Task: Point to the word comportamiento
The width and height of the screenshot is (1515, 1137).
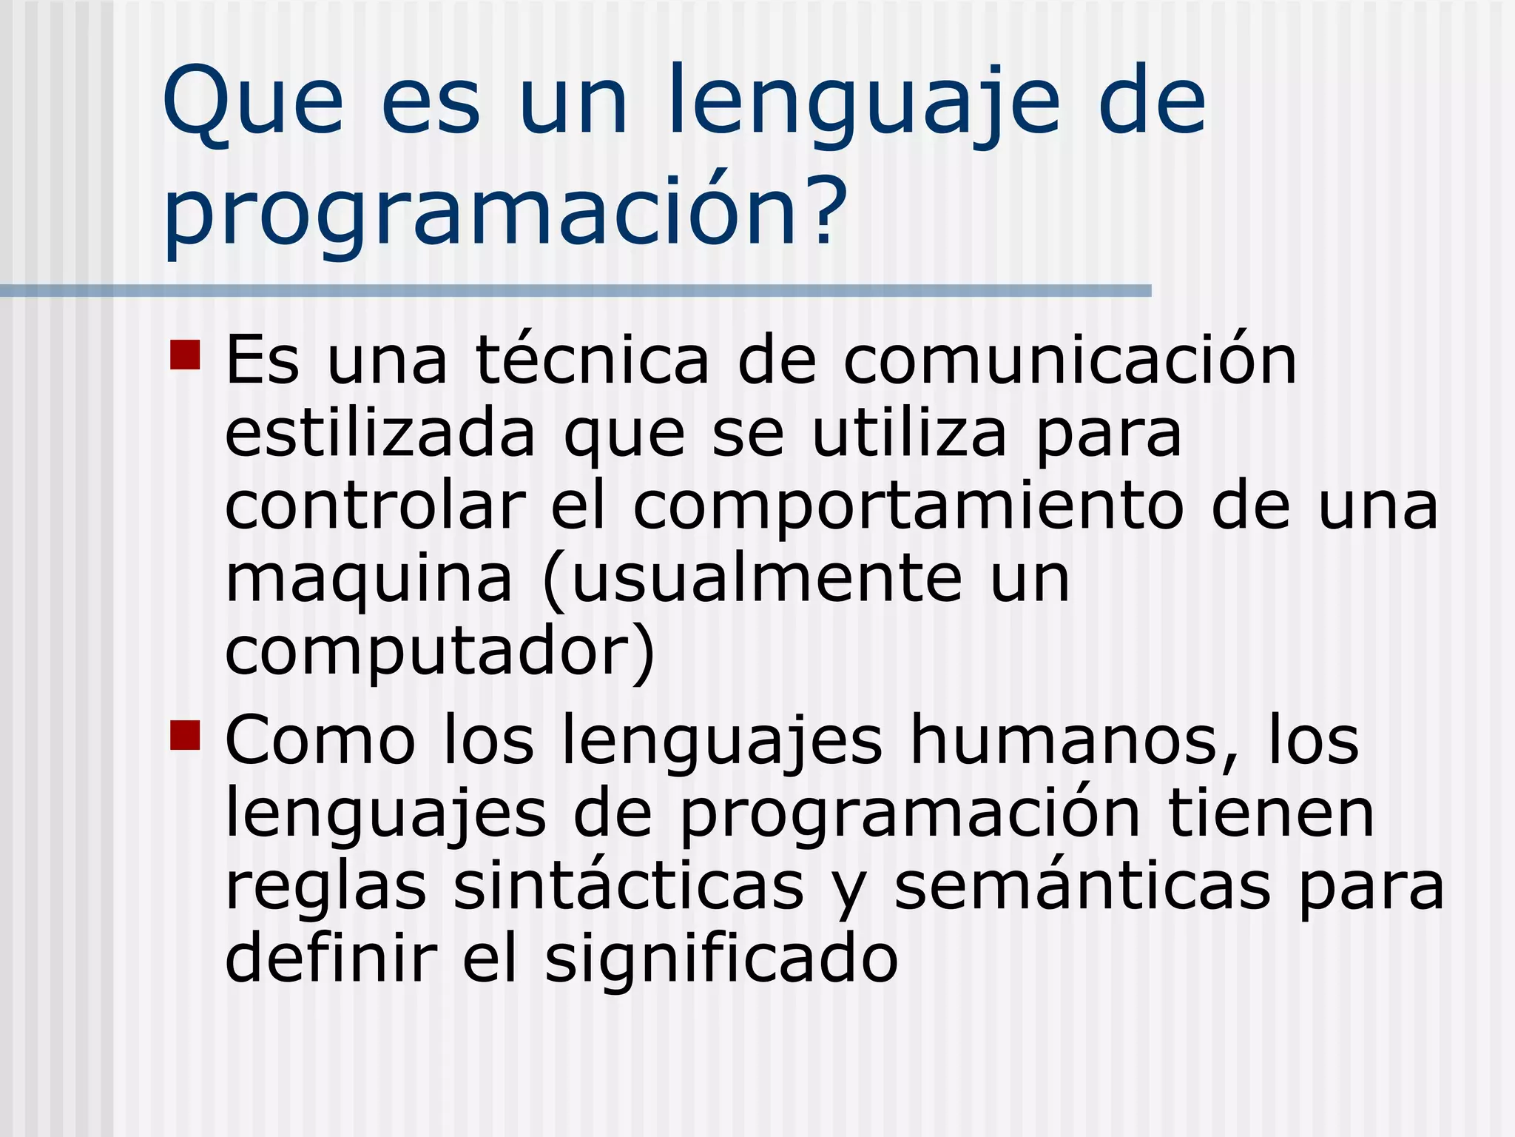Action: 908,509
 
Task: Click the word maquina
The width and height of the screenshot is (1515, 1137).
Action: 368,581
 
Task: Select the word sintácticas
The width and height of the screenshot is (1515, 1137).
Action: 628,886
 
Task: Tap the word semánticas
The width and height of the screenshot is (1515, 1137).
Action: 1082,886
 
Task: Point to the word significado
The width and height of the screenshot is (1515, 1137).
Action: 721,959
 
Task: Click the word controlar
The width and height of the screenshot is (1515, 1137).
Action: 375,507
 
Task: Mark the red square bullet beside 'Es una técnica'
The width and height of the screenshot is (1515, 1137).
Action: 185,355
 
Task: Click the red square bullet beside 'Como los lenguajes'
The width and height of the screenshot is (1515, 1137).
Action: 185,735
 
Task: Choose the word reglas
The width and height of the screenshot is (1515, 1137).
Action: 325,888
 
